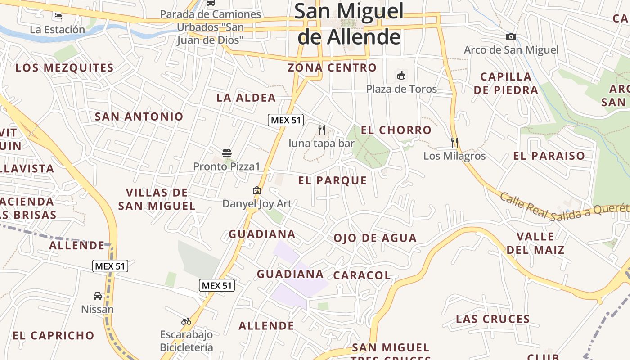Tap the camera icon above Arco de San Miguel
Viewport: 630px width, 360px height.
(x=511, y=37)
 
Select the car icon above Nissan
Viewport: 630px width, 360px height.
(x=98, y=296)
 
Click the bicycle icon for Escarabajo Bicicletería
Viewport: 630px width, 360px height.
(x=186, y=321)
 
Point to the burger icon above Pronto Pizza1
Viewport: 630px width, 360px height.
(x=227, y=153)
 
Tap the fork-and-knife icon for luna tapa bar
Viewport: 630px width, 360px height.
(x=322, y=130)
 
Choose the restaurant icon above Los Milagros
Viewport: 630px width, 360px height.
(x=454, y=143)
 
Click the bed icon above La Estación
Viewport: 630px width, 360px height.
(x=58, y=16)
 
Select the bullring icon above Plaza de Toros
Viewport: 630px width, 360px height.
(x=401, y=75)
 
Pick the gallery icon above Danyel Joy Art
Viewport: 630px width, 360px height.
(x=257, y=190)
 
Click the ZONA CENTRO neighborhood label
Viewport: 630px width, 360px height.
(x=332, y=68)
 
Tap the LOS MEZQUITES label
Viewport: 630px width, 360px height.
(x=64, y=68)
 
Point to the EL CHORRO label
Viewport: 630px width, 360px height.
(x=396, y=130)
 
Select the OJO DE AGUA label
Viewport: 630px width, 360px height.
(x=375, y=238)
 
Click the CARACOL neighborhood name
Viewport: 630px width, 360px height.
(x=362, y=275)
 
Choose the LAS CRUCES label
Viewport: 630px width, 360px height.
(x=493, y=319)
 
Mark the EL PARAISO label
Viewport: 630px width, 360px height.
(x=549, y=156)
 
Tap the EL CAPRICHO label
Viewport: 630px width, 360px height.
(x=53, y=335)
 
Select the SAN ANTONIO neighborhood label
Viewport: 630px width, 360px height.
(x=139, y=117)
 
